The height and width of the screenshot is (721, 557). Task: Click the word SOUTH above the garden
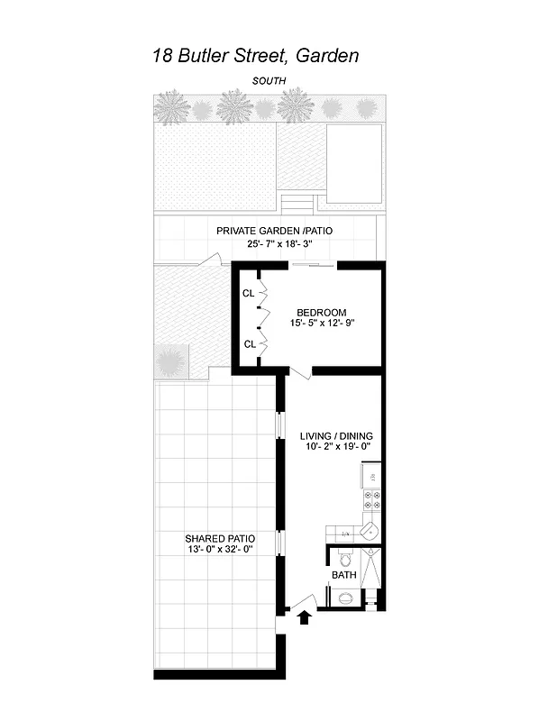[x=269, y=81]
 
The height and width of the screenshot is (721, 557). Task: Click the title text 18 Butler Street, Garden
[x=256, y=56]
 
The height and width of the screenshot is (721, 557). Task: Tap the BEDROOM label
[x=322, y=313]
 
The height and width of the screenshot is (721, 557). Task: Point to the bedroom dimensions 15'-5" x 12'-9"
[x=322, y=324]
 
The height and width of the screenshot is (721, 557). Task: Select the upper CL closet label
[x=248, y=294]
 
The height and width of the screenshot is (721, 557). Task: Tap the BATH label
[x=343, y=575]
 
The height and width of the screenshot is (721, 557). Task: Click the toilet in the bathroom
[x=344, y=558]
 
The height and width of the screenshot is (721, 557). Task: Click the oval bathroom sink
[x=343, y=596]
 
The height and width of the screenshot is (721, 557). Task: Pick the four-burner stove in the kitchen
[x=370, y=501]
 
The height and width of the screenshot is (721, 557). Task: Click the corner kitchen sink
[x=370, y=532]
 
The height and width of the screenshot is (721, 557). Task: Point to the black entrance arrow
[x=304, y=617]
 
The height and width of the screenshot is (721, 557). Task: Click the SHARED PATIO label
[x=214, y=538]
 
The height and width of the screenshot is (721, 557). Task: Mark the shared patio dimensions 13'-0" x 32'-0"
[x=214, y=549]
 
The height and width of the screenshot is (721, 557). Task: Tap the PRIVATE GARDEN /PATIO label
[x=274, y=232]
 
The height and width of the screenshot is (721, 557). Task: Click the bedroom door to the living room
[x=301, y=373]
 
